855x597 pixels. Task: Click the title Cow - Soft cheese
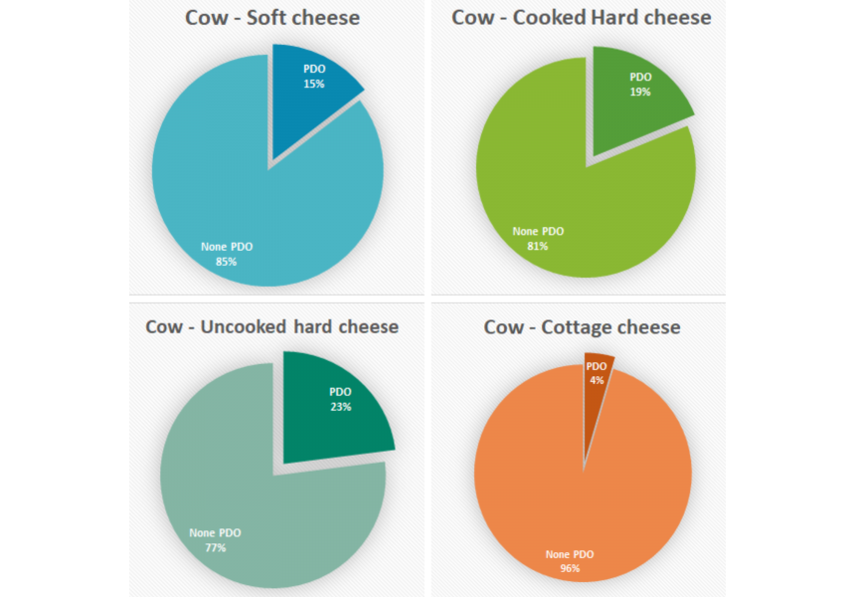[x=271, y=18]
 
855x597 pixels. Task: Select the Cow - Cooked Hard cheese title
[x=582, y=18]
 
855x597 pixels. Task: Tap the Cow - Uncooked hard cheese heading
[x=271, y=326]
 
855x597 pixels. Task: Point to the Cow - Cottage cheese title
[x=582, y=326]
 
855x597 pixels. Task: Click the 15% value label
[x=314, y=83]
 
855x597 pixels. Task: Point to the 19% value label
[x=640, y=92]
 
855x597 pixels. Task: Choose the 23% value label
[x=340, y=406]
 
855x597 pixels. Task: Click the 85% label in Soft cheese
[x=226, y=262]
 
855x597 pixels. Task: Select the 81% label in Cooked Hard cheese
[x=538, y=246]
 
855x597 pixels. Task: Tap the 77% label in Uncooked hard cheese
[x=215, y=547]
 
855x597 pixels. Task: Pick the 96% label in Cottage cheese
[x=569, y=569]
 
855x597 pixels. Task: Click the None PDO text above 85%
[x=227, y=247]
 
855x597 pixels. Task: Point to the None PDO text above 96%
[x=570, y=554]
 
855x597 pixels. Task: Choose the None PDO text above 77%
[x=215, y=532]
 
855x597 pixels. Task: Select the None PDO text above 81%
[x=538, y=231]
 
